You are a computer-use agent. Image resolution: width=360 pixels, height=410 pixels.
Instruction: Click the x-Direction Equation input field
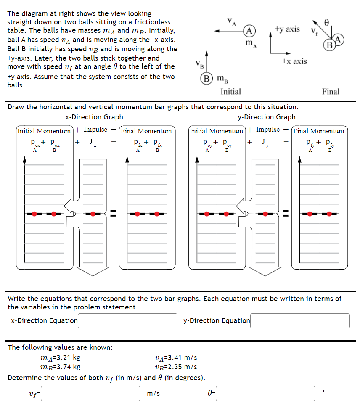point(127,320)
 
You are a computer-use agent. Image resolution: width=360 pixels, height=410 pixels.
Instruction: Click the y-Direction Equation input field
point(300,320)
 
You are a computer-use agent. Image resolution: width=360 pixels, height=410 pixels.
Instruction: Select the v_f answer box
point(90,394)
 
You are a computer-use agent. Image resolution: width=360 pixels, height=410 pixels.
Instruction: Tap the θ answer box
point(265,394)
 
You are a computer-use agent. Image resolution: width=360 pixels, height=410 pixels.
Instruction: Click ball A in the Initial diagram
point(250,31)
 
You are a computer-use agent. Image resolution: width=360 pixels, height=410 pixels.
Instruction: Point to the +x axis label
point(294,61)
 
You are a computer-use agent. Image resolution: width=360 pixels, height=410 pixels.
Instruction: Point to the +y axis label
point(287,29)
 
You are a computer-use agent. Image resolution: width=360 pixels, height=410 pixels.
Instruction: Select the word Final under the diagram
point(331,91)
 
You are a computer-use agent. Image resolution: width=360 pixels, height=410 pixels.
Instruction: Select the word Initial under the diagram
point(230,91)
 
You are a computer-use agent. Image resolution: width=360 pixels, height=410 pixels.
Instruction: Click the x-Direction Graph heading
point(95,117)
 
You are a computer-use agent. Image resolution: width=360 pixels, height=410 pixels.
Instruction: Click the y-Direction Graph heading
point(267,117)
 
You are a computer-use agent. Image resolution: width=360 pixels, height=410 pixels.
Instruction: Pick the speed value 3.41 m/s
point(176,358)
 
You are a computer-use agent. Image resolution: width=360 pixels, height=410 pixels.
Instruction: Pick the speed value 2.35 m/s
point(176,366)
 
